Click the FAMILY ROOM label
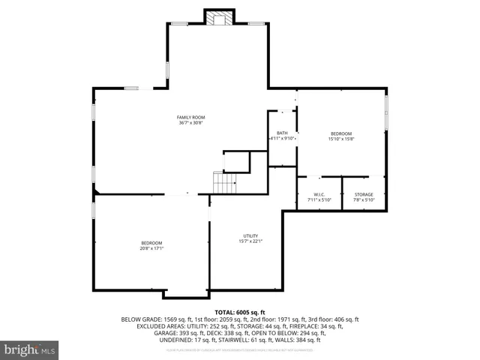[190, 117]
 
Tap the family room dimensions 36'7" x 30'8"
[190, 123]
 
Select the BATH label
[282, 133]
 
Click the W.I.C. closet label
[319, 195]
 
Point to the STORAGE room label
[364, 195]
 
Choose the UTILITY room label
[250, 235]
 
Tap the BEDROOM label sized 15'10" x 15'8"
[341, 133]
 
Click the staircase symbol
[225, 182]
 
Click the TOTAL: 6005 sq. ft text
[240, 312]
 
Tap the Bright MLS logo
[30, 349]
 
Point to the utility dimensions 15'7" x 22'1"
[250, 241]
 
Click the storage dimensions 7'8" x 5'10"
[364, 200]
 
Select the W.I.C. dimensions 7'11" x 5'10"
[319, 200]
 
